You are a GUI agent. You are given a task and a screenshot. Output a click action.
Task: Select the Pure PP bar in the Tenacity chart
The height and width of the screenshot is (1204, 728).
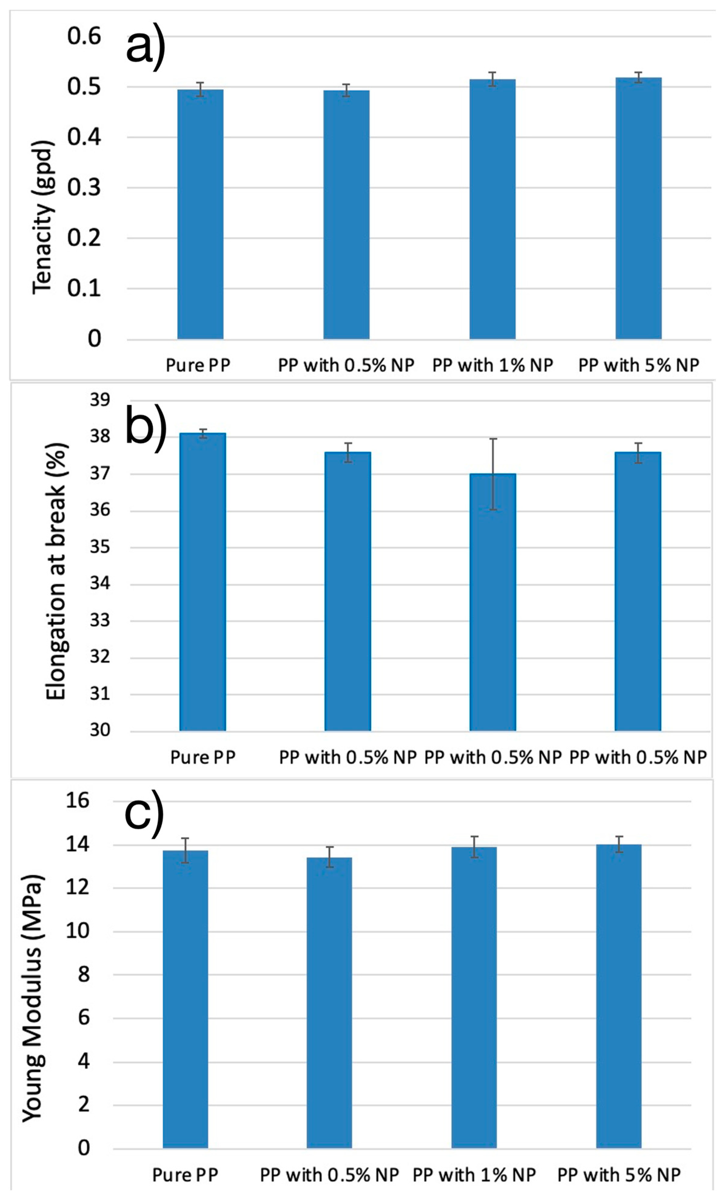click(x=200, y=215)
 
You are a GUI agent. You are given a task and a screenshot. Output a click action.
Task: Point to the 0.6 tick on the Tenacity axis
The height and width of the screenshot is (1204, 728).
click(x=84, y=37)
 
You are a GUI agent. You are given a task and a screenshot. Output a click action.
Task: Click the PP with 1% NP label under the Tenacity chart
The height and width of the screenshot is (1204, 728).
click(x=492, y=365)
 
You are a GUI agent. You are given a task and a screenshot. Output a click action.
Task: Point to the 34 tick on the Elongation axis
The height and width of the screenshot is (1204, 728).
click(x=100, y=584)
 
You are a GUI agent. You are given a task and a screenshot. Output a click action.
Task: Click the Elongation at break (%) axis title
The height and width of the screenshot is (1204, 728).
click(x=56, y=572)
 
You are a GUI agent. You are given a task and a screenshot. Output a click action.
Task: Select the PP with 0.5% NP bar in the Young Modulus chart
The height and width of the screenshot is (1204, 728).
click(x=329, y=1002)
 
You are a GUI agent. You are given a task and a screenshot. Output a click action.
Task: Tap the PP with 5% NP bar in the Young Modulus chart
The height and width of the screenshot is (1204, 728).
click(x=619, y=997)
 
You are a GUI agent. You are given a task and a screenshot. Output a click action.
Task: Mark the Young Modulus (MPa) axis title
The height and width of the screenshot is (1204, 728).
click(x=33, y=997)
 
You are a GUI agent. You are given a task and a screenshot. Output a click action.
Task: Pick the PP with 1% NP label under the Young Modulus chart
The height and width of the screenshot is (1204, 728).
click(x=474, y=1175)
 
